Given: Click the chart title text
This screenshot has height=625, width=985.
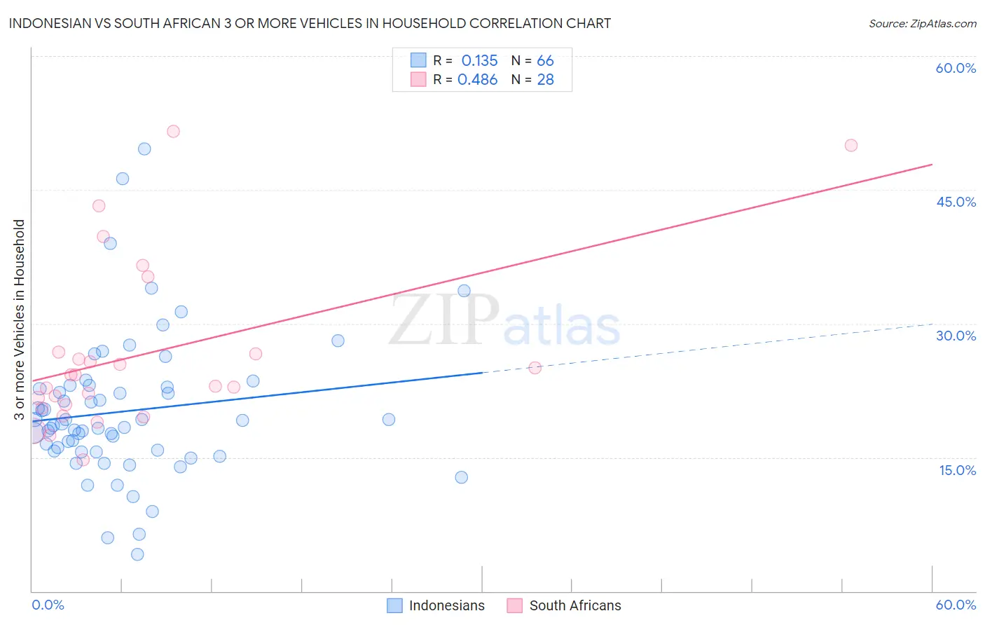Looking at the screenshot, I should pos(310,23).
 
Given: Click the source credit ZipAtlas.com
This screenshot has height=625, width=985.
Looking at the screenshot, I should pos(922,23).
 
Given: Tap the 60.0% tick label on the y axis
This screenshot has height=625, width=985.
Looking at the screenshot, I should pos(956,68).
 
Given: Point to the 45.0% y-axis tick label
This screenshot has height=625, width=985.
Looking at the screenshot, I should pos(956,202).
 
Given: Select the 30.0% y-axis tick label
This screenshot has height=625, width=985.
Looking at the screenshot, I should pos(956,336).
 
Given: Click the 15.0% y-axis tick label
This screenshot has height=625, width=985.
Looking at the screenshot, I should pos(957,470).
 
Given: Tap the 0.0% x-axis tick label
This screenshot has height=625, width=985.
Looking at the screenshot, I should pos(48,605).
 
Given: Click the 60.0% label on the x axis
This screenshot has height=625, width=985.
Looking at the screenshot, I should pos(956,605).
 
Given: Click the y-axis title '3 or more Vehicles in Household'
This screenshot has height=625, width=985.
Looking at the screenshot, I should pos(20,320).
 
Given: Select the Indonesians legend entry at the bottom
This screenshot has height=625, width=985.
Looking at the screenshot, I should pos(436,605).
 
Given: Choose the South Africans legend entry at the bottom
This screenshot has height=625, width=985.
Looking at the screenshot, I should pos(564,605).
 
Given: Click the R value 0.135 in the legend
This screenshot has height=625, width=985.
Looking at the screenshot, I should pos(479,61).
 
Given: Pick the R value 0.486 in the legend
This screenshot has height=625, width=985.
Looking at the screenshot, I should pos(477,80).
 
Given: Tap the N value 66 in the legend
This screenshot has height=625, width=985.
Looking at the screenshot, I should pos(545,61).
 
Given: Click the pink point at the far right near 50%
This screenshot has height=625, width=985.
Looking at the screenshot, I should pos(850,145).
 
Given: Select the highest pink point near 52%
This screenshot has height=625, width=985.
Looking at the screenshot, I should pos(173,131).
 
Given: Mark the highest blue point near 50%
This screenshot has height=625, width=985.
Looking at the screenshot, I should pos(144,149).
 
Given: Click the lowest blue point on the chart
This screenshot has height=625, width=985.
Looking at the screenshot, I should pos(137,554).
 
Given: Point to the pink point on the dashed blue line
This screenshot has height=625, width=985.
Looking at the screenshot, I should pos(535,367).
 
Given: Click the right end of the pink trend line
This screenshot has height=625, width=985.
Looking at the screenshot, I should pos(932,164).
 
